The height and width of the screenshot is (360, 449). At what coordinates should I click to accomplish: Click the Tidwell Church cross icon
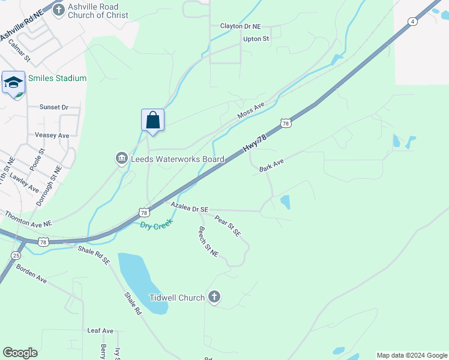215,297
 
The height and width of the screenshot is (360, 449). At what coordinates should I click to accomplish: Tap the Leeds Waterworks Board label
178,159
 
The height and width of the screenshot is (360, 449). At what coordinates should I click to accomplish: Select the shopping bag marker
153,119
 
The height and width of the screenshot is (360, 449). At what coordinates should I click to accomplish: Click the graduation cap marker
13,82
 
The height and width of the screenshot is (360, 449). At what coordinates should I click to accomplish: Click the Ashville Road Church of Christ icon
58,10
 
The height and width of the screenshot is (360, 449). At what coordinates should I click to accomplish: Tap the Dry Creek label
156,224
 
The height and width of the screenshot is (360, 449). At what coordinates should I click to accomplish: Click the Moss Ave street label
251,110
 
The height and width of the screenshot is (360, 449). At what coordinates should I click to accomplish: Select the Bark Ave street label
271,166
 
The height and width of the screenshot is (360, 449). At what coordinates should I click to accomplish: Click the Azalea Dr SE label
189,207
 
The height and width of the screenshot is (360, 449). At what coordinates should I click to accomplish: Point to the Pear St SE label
228,226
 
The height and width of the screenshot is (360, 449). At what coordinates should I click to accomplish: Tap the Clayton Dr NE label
241,26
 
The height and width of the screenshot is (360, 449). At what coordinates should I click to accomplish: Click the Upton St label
256,39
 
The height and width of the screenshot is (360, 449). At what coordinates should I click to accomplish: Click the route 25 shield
15,256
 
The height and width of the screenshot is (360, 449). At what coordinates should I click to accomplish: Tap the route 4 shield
412,22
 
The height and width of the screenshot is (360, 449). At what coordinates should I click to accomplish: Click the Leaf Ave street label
100,331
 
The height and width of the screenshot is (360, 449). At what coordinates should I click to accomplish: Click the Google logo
20,352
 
